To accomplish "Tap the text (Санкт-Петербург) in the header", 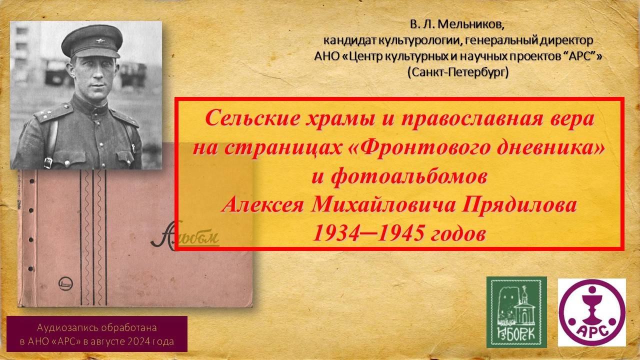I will pyautogui.click(x=458, y=72).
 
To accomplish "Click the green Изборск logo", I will pyautogui.click(x=516, y=312).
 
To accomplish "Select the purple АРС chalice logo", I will pyautogui.click(x=591, y=312).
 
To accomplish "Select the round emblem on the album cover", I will pyautogui.click(x=66, y=282).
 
